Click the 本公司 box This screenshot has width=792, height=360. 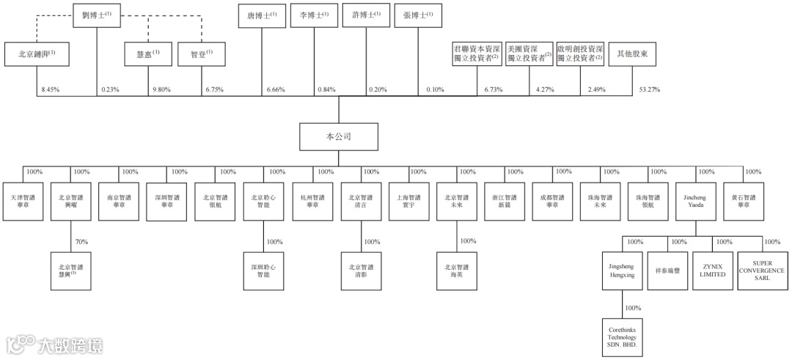tap(338, 136)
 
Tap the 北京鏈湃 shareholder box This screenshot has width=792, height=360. tap(37, 54)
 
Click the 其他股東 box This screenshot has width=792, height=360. tap(632, 54)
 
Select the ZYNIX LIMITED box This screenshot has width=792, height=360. tap(713, 270)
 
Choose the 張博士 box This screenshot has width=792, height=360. tap(417, 16)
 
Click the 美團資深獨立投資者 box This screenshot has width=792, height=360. tap(529, 54)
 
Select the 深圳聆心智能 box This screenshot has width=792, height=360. tap(263, 270)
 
